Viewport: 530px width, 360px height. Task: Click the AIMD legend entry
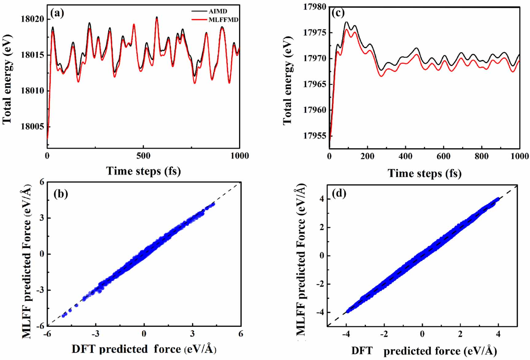coord(218,11)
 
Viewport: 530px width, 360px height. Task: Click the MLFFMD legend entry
coord(223,20)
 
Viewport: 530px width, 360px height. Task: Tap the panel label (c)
coord(338,13)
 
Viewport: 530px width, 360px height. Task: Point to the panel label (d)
coord(339,193)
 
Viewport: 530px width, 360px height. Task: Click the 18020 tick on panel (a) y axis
coord(32,19)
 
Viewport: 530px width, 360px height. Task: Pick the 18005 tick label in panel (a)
coord(32,127)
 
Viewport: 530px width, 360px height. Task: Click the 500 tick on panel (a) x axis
coord(143,156)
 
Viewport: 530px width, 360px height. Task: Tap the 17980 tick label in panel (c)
coord(315,7)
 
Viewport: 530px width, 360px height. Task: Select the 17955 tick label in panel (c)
coord(315,136)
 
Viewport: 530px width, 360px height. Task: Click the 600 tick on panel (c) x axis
coord(443,156)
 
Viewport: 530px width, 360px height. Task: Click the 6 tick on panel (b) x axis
coord(241,334)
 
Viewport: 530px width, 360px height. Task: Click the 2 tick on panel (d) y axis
coord(322,227)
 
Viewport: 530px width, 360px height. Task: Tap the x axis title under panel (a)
coord(143,171)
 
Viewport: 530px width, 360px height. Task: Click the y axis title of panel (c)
coord(287,80)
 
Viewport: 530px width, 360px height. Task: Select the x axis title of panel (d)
coord(424,351)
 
